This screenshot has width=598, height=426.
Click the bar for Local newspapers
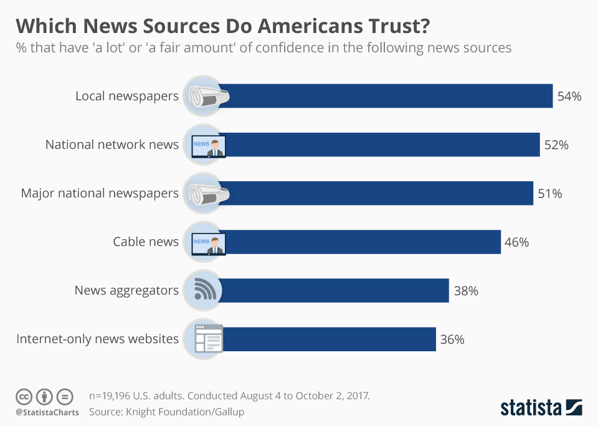pos(386,96)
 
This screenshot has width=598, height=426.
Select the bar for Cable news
pos(361,242)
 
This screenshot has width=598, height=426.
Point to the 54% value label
pos(569,97)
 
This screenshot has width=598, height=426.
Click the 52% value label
pos(556,145)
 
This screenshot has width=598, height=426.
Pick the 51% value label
pos(549,194)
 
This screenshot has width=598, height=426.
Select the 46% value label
pos(516,242)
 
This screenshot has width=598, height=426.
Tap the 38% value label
pos(465,291)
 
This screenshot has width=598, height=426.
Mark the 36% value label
pos(452,339)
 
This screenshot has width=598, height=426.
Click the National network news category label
pos(112,144)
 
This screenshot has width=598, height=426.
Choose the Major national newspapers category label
pos(100,193)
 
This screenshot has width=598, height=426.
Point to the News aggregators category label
pos(126,290)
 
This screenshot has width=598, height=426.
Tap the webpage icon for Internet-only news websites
pos(207,339)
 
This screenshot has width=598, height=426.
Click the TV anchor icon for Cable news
pos(208,242)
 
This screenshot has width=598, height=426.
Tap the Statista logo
pos(541,408)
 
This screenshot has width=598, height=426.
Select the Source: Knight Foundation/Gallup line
pos(166,412)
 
